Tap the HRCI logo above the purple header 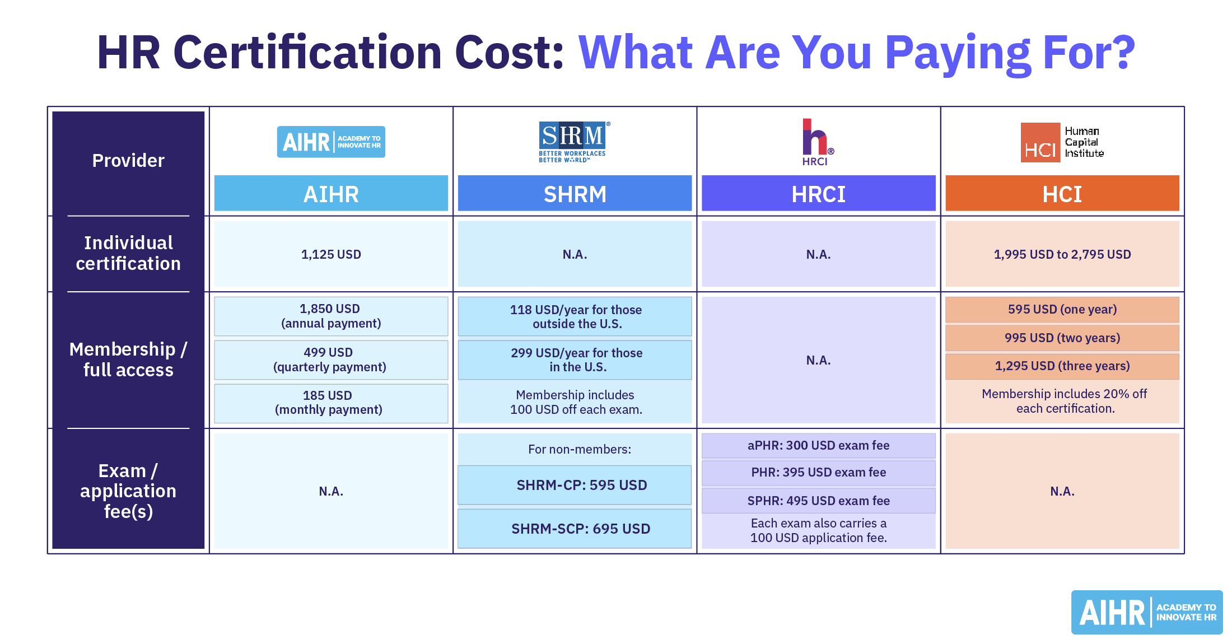818,142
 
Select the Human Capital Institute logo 1062,142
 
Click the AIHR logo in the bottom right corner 1147,612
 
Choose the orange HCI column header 1062,193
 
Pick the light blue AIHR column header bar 331,193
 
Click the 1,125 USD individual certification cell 331,254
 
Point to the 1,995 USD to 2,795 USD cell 1062,254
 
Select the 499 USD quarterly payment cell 331,360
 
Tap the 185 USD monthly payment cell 331,403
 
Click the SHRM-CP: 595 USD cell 575,485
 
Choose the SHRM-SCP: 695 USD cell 575,529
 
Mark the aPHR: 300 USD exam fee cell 819,446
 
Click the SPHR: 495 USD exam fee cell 819,501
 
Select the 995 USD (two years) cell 1062,338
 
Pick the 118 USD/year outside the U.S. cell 575,316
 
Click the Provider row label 128,161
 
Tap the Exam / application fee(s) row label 128,491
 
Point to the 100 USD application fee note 819,531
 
